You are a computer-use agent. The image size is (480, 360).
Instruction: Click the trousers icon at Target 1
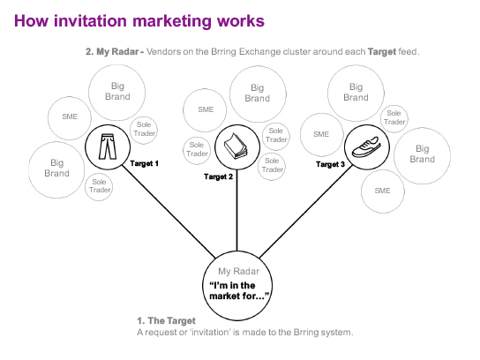click(x=108, y=146)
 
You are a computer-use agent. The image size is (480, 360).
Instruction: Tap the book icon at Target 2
click(x=235, y=146)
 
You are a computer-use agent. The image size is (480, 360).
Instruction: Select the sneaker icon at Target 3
click(x=366, y=147)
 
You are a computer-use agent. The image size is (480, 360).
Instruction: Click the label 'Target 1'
click(x=144, y=163)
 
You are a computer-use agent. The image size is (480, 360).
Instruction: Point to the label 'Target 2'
click(x=218, y=176)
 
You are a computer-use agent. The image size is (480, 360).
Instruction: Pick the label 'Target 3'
click(x=330, y=164)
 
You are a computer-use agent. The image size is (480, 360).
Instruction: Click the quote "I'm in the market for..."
click(x=239, y=291)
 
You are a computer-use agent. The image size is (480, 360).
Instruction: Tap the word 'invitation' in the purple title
click(x=90, y=21)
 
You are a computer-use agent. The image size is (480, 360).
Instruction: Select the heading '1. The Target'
click(x=166, y=320)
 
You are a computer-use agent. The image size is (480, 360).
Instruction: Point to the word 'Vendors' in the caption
click(x=163, y=51)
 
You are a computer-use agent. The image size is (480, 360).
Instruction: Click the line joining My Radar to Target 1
click(x=169, y=212)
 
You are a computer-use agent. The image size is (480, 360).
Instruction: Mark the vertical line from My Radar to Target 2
click(x=236, y=210)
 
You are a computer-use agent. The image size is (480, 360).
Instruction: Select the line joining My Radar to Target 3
click(x=306, y=212)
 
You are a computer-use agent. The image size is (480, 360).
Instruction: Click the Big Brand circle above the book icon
click(x=258, y=94)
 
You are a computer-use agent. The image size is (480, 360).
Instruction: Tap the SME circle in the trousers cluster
click(x=70, y=118)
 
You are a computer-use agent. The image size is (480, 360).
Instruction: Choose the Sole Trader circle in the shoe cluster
click(x=394, y=119)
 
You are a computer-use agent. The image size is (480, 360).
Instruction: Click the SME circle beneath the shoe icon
click(x=383, y=191)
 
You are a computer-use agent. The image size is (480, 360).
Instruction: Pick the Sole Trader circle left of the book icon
click(x=197, y=151)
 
